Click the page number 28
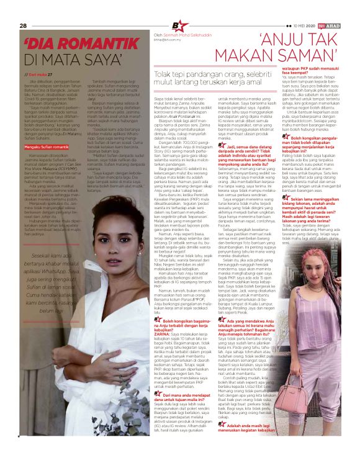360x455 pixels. tap(23, 25)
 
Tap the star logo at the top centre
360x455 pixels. tap(179, 25)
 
